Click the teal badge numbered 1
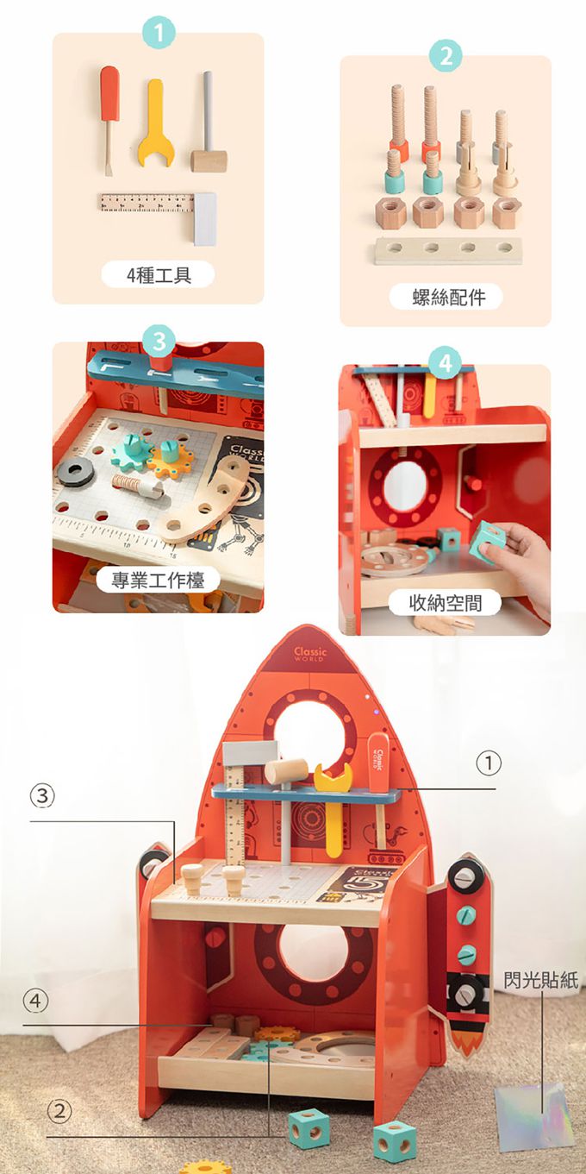[158, 35]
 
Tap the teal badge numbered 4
[445, 363]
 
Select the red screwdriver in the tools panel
[109, 112]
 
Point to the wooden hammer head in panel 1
[209, 161]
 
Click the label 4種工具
[158, 275]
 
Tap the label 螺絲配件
[446, 298]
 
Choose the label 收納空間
[445, 602]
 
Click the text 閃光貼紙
[541, 980]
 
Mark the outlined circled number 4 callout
[35, 1001]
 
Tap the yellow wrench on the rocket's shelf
[332, 777]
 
